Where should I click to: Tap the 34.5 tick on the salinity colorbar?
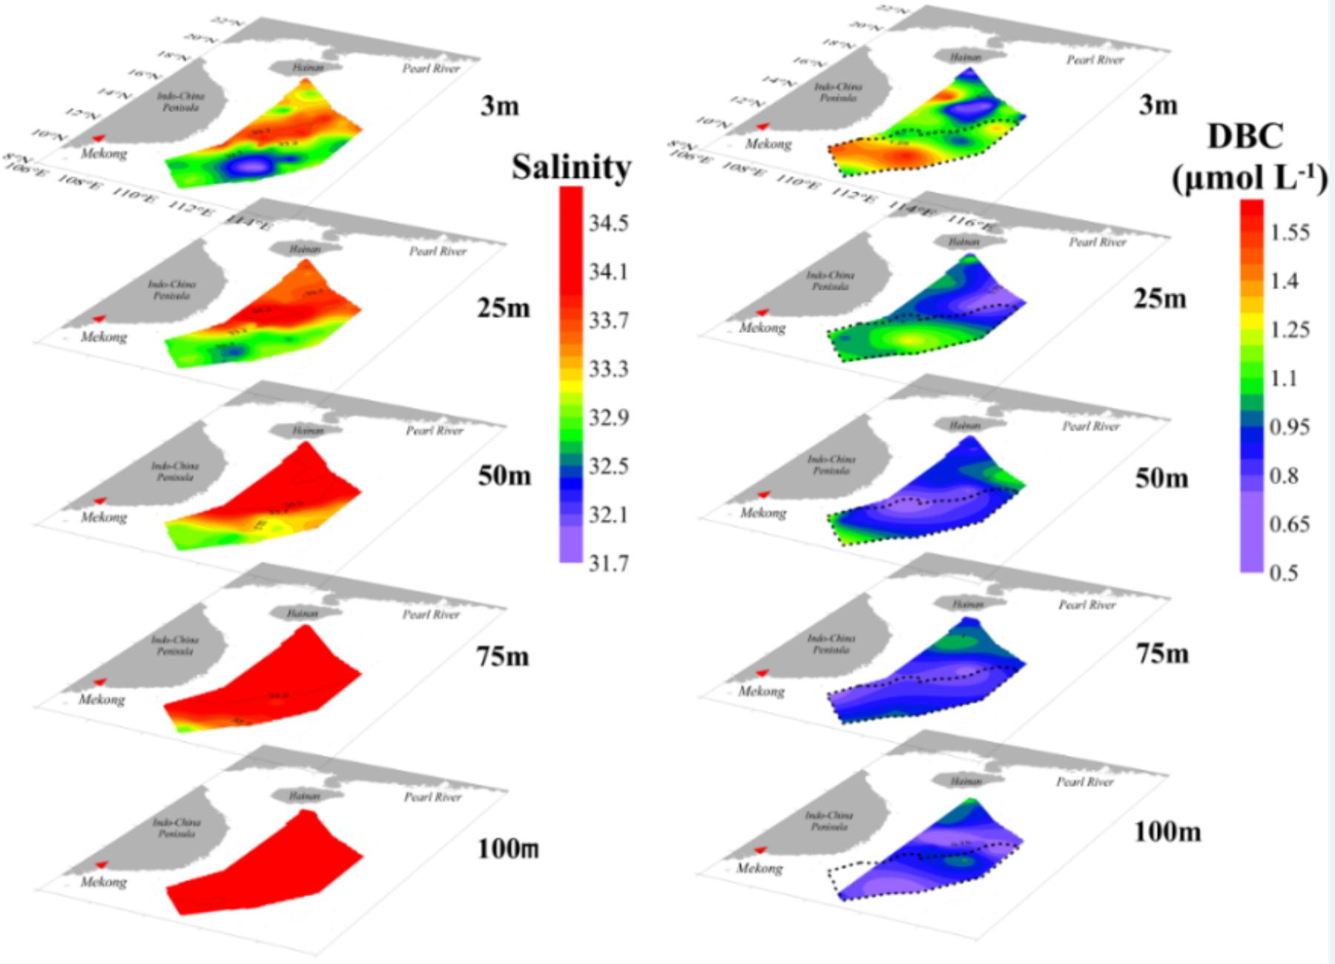tap(609, 223)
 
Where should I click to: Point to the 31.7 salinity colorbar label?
tap(609, 564)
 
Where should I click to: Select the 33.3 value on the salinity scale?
tap(609, 369)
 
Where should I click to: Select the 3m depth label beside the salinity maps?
tap(499, 107)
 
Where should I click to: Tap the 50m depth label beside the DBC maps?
tap(1161, 478)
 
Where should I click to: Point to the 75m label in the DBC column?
tap(1161, 654)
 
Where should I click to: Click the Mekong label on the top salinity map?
tap(104, 154)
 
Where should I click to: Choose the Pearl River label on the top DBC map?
tap(1095, 60)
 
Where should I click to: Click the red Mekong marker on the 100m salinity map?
tap(102, 865)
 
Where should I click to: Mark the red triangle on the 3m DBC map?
tap(761, 127)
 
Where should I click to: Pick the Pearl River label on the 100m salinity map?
tap(432, 797)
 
